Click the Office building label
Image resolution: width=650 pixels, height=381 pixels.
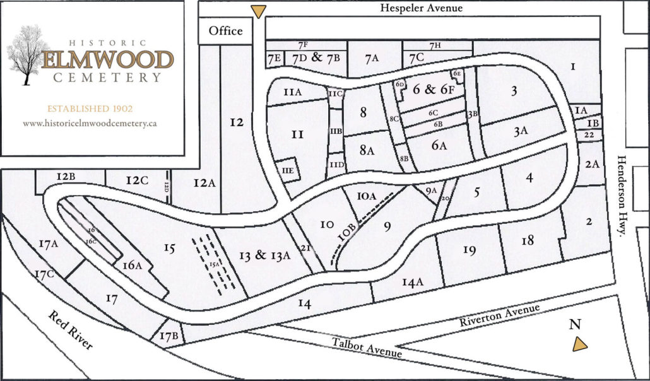(225, 30)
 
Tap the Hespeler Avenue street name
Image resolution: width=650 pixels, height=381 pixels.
(422, 8)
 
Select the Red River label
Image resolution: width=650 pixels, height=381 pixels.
(70, 329)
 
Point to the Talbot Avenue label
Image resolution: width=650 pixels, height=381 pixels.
(367, 348)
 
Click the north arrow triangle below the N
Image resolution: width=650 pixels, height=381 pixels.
(579, 344)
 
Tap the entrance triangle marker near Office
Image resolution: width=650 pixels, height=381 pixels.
(259, 11)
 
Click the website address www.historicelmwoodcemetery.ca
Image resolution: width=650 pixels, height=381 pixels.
(90, 124)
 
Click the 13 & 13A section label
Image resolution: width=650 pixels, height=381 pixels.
(264, 255)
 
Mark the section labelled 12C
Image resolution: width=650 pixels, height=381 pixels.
(136, 181)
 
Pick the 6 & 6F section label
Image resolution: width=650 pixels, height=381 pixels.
(429, 90)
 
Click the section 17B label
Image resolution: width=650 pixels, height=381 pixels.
(168, 336)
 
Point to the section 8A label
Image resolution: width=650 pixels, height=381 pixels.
(367, 151)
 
